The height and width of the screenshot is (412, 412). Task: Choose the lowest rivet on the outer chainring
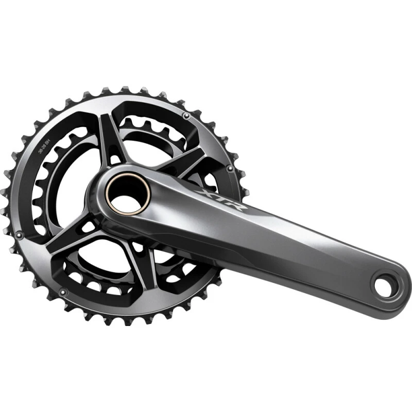coord(63,292)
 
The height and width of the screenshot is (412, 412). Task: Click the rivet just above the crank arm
coord(228,168)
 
